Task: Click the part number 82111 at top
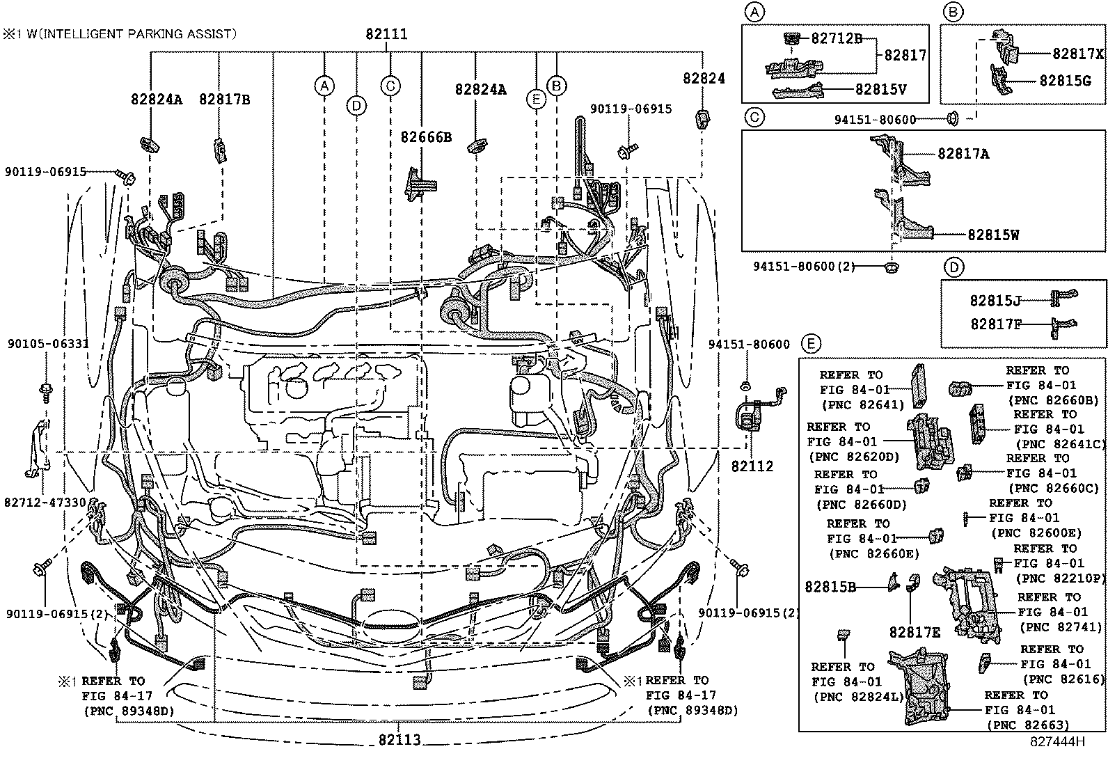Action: [386, 34]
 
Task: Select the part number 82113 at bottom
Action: [399, 740]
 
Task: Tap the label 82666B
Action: [426, 137]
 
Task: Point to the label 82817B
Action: [224, 99]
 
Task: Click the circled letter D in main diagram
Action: [356, 105]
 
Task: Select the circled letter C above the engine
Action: [390, 86]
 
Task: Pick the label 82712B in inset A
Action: [837, 38]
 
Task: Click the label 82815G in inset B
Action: [1065, 80]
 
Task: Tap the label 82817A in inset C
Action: [963, 154]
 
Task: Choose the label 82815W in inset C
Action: [993, 235]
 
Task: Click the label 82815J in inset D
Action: [995, 301]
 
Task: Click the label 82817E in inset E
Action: [915, 632]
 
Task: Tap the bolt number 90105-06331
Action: [48, 344]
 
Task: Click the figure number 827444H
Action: [1058, 742]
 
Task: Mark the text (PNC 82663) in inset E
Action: [1027, 725]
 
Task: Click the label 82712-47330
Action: [45, 503]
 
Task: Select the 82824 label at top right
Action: [703, 79]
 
